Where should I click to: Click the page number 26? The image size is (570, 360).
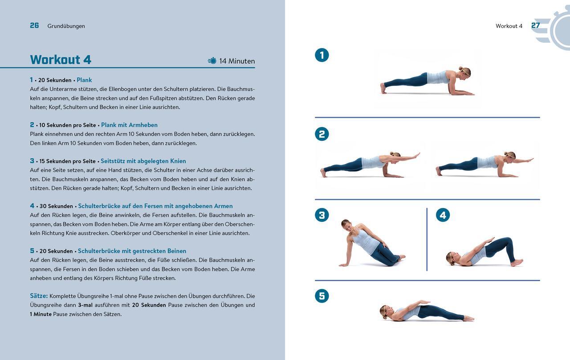point(34,25)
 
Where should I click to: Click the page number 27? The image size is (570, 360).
point(535,25)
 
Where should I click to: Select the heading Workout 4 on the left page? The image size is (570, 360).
point(61,60)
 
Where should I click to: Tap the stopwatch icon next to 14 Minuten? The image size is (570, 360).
point(212,61)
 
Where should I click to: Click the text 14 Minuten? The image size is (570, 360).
point(237,61)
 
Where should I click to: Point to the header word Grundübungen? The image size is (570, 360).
point(66,26)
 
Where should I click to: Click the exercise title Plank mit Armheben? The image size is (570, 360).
point(129,125)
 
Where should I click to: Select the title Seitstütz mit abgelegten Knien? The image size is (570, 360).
point(143,161)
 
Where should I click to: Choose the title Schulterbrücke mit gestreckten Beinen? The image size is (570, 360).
point(132,251)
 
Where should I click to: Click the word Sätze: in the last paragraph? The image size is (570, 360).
point(39,296)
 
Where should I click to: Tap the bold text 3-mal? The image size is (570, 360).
point(85,305)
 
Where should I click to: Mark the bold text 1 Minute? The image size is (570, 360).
point(41,314)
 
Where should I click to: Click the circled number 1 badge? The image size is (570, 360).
point(322,55)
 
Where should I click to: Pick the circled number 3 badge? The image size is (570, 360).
point(322,215)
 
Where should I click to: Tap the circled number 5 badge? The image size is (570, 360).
point(322,296)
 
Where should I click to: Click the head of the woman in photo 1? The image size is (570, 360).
point(464,73)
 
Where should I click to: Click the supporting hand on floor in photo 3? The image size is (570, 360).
point(342,265)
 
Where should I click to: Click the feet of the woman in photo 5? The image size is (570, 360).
point(468,318)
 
